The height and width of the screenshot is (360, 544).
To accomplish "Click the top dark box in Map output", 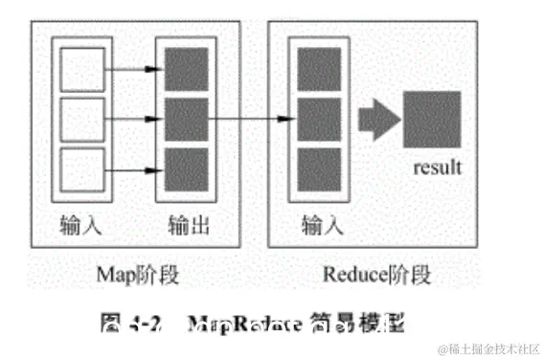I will click(x=186, y=69).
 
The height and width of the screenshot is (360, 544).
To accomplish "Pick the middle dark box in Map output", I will click(x=186, y=119).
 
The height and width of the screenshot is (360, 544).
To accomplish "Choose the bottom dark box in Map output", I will click(x=186, y=169).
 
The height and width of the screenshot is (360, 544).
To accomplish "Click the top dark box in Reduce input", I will click(x=319, y=69).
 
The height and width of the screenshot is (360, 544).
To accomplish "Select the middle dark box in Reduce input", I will click(x=319, y=119).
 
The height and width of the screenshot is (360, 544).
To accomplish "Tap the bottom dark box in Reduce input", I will click(x=319, y=169).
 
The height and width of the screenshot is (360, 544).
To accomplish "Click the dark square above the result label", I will click(x=433, y=120).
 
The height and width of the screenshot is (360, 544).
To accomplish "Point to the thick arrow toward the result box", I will click(x=376, y=120).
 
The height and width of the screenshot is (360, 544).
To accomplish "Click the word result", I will click(x=438, y=168).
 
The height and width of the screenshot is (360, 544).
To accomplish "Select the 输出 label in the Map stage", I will click(x=188, y=226).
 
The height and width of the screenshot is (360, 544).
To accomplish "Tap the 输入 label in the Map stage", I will click(x=80, y=226).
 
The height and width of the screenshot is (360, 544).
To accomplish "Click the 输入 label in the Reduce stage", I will click(x=322, y=226).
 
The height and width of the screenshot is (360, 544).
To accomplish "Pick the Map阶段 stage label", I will click(x=138, y=275).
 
